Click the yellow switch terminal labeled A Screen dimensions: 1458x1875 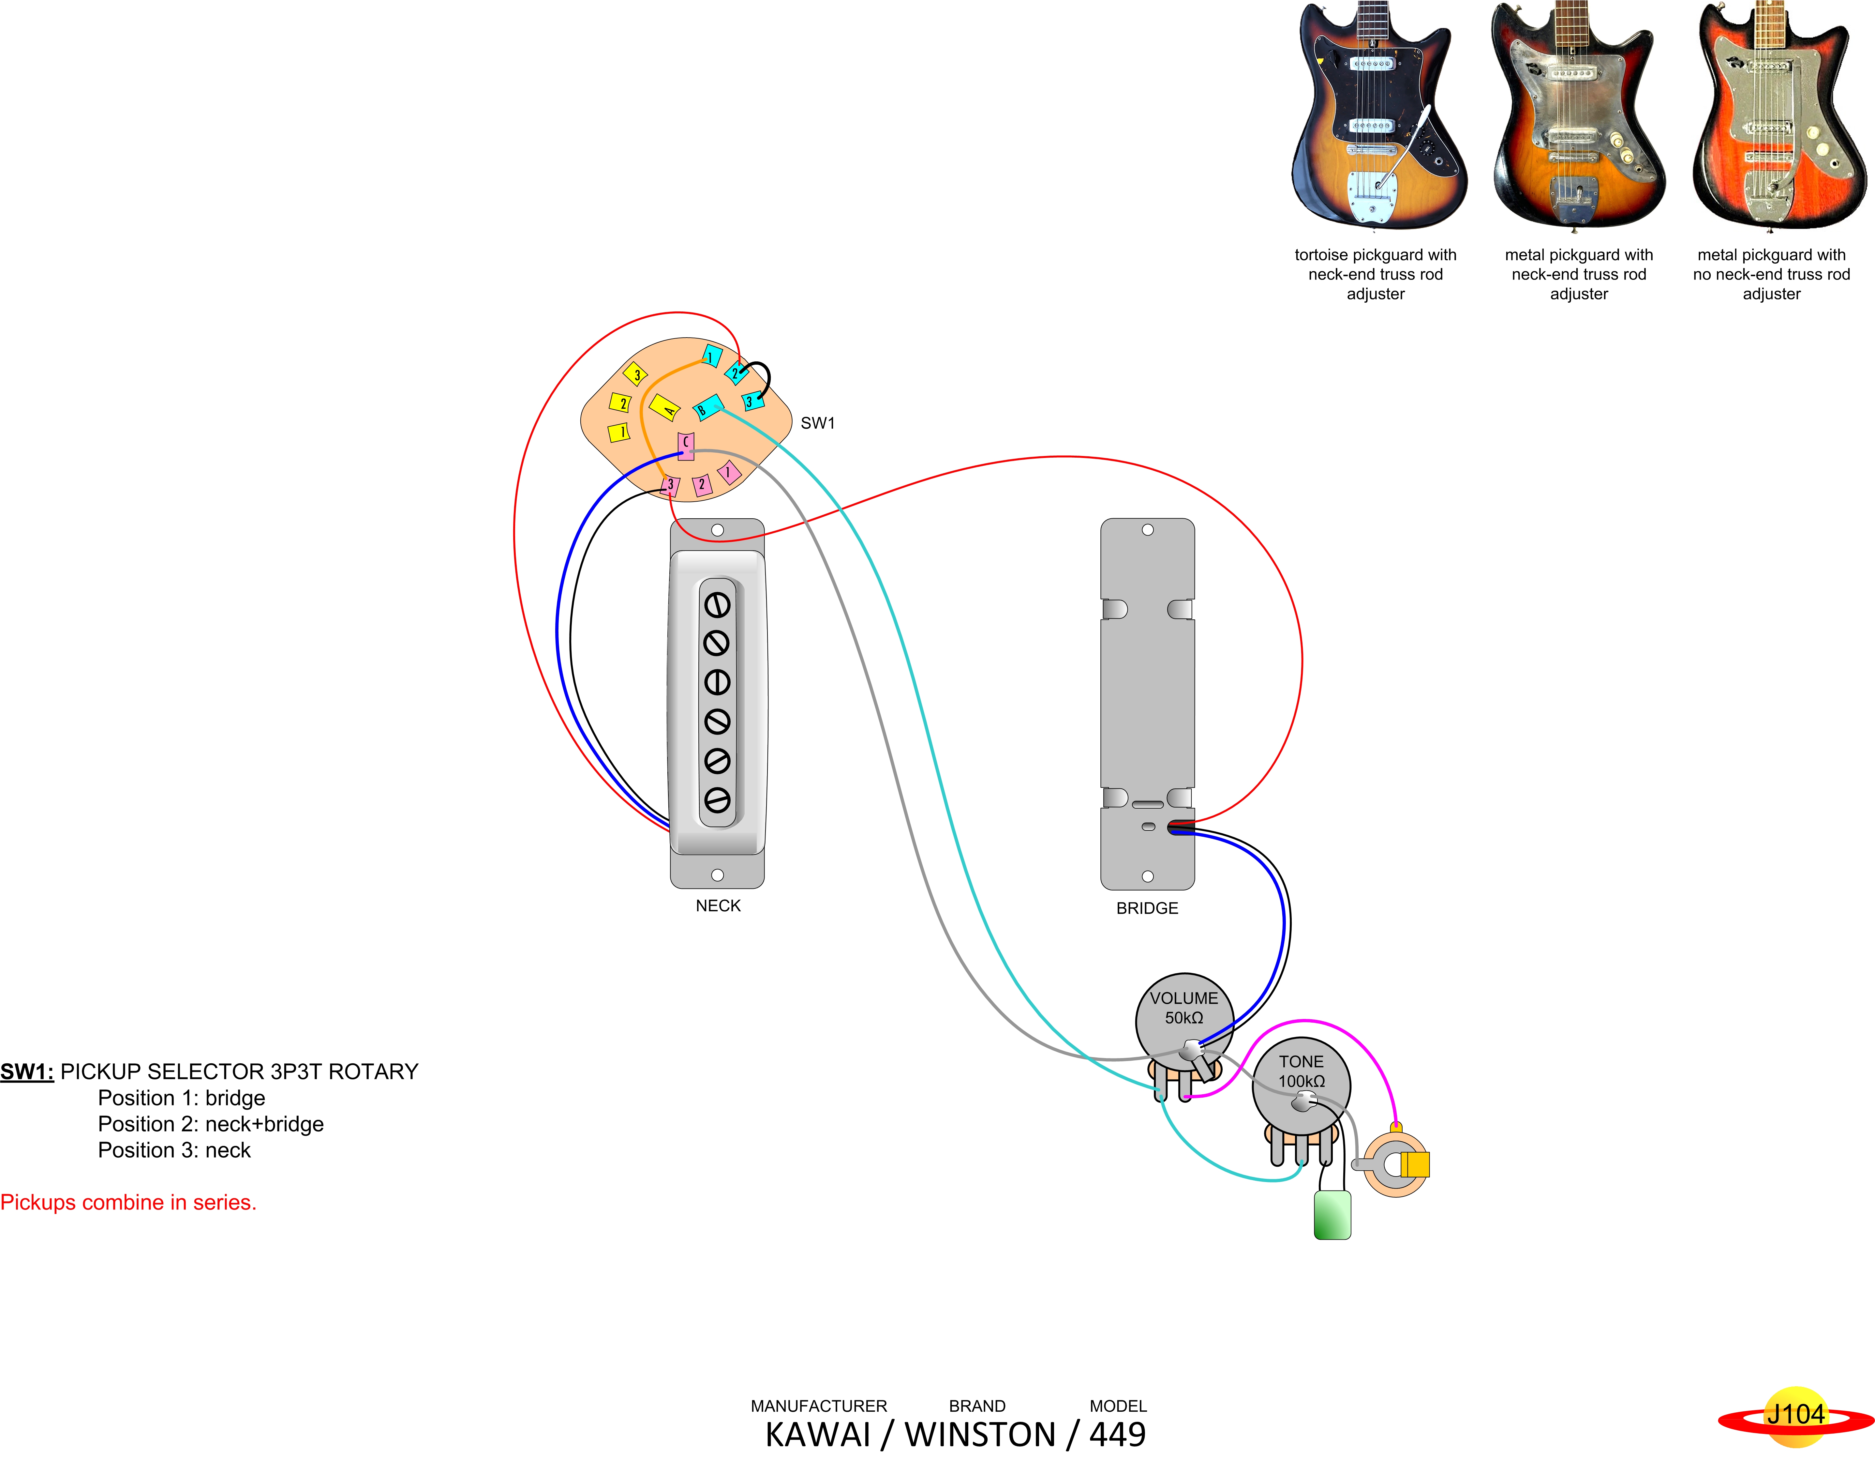[x=664, y=407]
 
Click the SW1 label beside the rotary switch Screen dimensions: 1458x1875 [x=817, y=422]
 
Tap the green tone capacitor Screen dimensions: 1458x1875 [x=1332, y=1215]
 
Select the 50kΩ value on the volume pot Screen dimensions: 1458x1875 [x=1184, y=1018]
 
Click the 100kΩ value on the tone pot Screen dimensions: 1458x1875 [x=1302, y=1081]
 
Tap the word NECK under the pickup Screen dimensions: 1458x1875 [x=718, y=906]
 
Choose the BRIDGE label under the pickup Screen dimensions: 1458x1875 [x=1147, y=908]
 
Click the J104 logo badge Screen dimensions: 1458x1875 [x=1795, y=1414]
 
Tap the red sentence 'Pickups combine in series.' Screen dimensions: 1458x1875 [x=129, y=1202]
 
